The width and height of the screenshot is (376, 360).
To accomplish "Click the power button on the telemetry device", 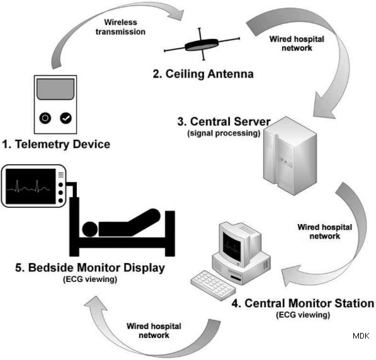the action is coord(45,118).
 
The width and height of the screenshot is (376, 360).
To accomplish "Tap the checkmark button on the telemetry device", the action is coord(66,118).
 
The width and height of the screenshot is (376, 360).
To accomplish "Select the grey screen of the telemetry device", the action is coord(55,89).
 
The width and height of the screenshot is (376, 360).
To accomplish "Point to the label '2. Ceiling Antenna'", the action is coord(203,74).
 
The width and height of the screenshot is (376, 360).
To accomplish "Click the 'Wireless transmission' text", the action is coord(120,27).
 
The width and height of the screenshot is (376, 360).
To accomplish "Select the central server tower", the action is coord(290,155).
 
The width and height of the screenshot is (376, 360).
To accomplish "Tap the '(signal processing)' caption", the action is coord(224,133).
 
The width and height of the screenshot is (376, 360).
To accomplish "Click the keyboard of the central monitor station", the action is coord(213,285).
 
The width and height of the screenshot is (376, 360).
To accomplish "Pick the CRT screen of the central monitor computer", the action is coord(231,247).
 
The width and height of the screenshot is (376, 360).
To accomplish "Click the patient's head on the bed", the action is coord(90,229).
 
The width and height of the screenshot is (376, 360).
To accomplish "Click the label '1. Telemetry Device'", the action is coord(56,144).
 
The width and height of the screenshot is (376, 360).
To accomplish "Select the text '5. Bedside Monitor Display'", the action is coord(90,267).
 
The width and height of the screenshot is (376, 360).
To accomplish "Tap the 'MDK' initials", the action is coord(361,335).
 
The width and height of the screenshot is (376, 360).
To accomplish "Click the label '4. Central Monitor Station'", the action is coord(303,303).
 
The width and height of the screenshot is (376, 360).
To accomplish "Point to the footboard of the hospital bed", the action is coord(170,233).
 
